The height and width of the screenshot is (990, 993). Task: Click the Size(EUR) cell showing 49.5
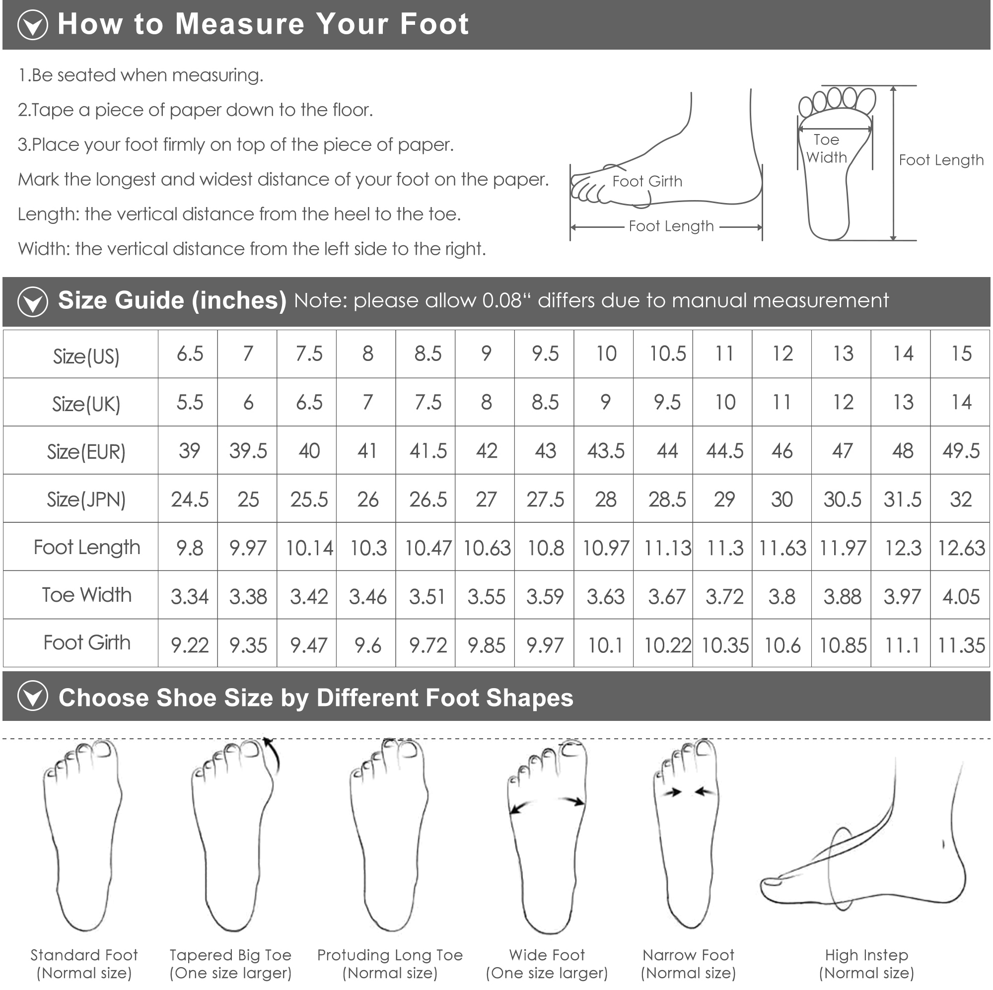pos(961,451)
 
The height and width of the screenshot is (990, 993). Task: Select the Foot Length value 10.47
pos(427,548)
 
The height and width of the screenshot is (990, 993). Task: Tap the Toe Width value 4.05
pos(961,596)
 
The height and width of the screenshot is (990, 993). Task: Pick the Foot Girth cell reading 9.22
pos(190,644)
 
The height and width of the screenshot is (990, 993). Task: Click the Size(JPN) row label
pos(86,499)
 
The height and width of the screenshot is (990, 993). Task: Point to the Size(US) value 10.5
pos(667,354)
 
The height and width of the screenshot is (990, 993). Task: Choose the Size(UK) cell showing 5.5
pos(190,402)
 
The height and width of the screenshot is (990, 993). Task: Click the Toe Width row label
pos(86,595)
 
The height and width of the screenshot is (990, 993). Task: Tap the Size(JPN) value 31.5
pos(902,499)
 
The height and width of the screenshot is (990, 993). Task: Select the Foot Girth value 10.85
pos(843,644)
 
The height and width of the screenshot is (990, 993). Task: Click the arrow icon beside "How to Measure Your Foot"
pos(32,25)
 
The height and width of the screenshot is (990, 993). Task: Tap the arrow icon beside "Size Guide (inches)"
pos(32,301)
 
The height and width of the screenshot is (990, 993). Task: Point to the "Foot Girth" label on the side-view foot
pos(647,181)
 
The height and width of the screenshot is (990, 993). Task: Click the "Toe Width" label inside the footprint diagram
pos(826,148)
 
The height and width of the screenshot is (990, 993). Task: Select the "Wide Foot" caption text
pos(547,955)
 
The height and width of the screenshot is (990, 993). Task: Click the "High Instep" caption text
pos(866,955)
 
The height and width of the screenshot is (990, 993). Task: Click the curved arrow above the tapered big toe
pos(273,755)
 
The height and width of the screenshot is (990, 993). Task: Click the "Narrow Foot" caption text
pos(688,955)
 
